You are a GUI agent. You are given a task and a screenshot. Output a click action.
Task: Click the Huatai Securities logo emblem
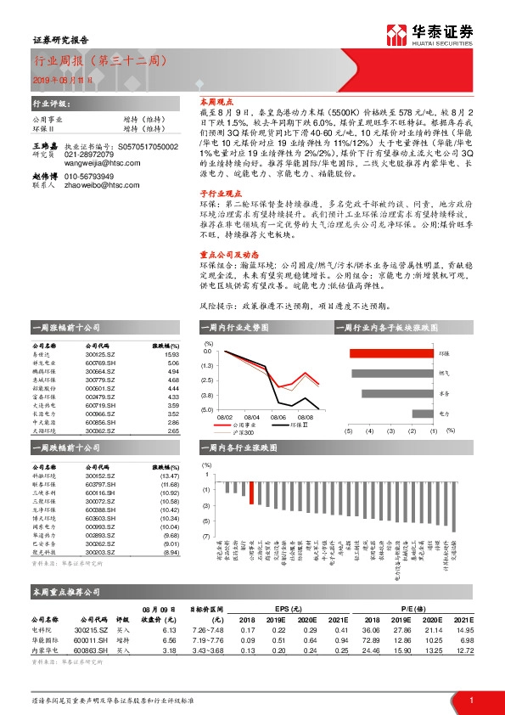pyautogui.click(x=396, y=34)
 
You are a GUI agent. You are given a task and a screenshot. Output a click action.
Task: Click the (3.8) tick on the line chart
pyautogui.click(x=207, y=395)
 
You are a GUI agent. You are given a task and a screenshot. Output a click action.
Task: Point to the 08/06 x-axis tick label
pyautogui.click(x=278, y=417)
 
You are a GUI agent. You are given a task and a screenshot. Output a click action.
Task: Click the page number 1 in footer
pyautogui.click(x=470, y=699)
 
